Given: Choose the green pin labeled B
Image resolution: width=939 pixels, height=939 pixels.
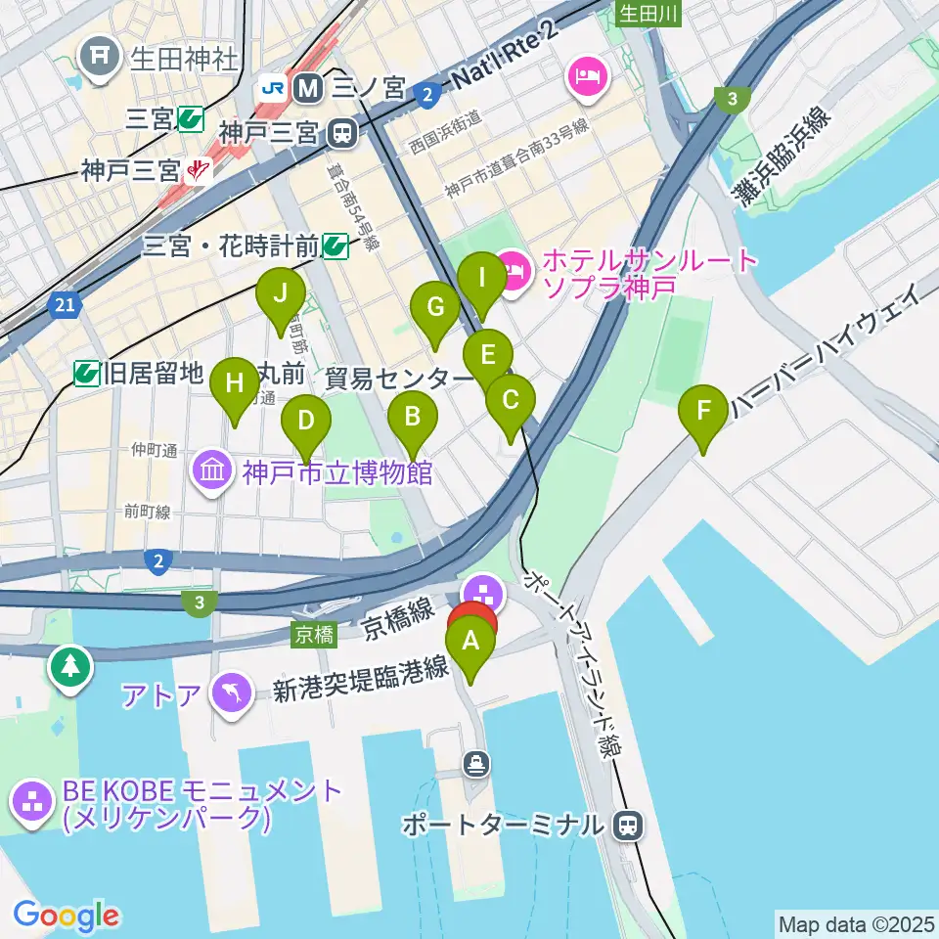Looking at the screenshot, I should pyautogui.click(x=413, y=419).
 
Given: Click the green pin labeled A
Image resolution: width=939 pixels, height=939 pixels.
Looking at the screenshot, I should pyautogui.click(x=470, y=644).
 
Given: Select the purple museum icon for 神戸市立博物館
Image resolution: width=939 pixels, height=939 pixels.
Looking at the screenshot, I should pyautogui.click(x=212, y=473).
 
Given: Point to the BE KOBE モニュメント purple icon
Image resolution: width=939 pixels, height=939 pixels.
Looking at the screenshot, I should pyautogui.click(x=32, y=802).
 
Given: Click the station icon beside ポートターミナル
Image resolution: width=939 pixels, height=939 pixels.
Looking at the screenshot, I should pyautogui.click(x=626, y=826).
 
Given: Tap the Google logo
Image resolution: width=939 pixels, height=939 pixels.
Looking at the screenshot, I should pyautogui.click(x=67, y=917).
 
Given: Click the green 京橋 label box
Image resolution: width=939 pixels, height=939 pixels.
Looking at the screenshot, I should pyautogui.click(x=313, y=635).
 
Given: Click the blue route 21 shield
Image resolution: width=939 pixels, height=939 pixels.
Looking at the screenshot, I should pyautogui.click(x=64, y=307).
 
